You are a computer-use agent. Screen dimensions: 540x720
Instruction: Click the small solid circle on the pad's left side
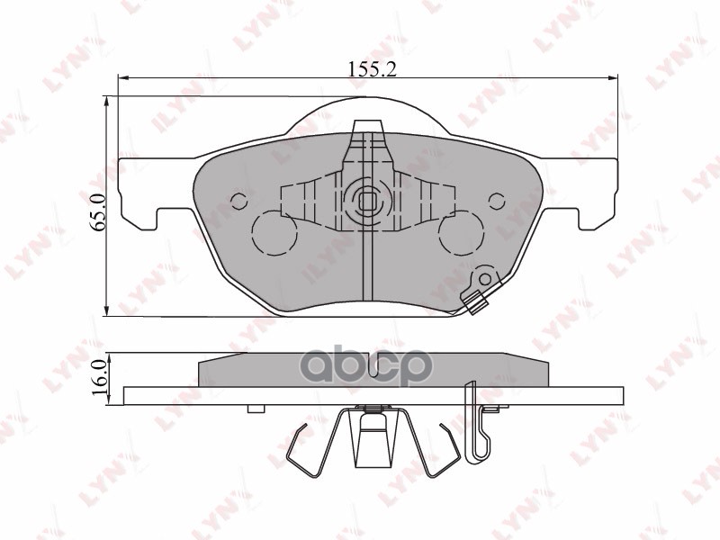click(x=239, y=200)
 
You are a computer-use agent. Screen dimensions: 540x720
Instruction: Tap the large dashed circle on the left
click(x=274, y=233)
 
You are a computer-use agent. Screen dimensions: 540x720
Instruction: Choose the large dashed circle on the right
click(x=461, y=233)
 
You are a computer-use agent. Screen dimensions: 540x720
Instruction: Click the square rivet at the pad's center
click(x=367, y=199)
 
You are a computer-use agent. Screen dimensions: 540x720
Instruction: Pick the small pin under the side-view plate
click(x=256, y=409)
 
